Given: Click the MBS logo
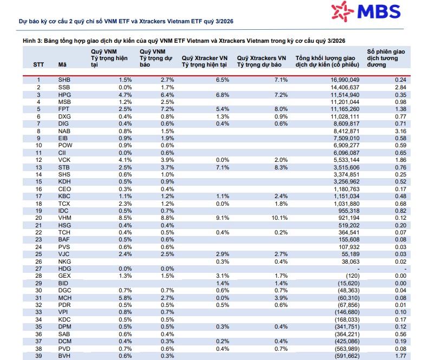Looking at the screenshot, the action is pyautogui.click(x=366, y=11).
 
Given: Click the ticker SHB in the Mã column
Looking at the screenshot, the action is pyautogui.click(x=64, y=80).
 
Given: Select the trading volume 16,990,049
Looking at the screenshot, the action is pyautogui.click(x=345, y=80).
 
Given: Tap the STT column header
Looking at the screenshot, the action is pyautogui.click(x=38, y=64).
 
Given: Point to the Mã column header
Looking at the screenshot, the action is pyautogui.click(x=62, y=64).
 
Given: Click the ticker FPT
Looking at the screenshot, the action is pyautogui.click(x=63, y=109).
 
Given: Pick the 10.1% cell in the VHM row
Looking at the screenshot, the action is pyautogui.click(x=280, y=218).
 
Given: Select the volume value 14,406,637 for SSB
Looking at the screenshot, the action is pyautogui.click(x=345, y=87).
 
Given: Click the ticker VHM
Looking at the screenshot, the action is pyautogui.click(x=64, y=218).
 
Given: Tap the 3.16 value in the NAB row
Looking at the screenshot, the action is pyautogui.click(x=400, y=131).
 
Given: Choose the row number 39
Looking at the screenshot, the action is pyautogui.click(x=38, y=356).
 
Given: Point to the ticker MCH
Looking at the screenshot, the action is pyautogui.click(x=64, y=298).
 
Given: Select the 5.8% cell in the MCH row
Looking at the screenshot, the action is pyautogui.click(x=125, y=298).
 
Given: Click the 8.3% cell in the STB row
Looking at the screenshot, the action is pyautogui.click(x=281, y=167).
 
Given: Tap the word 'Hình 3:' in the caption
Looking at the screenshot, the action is pyautogui.click(x=32, y=41).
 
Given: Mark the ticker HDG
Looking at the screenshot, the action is pyautogui.click(x=64, y=269).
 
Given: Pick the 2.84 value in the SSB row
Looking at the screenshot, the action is pyautogui.click(x=400, y=87).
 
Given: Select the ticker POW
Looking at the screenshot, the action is pyautogui.click(x=65, y=146).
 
